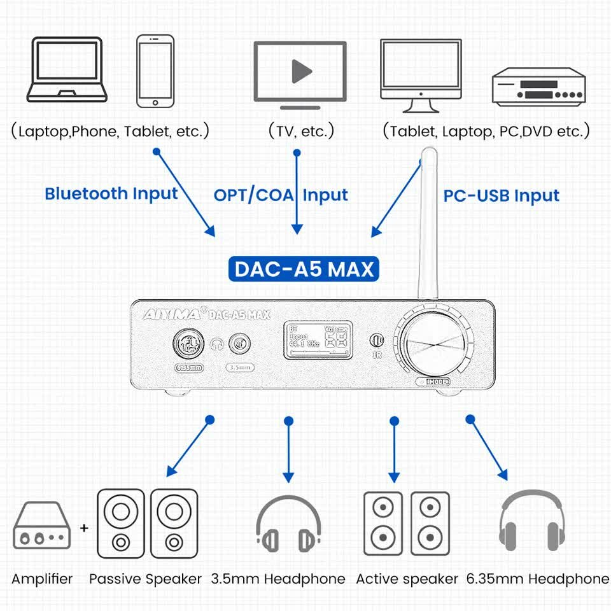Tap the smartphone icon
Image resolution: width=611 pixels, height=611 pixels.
click(x=155, y=71)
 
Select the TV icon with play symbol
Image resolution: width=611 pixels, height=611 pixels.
click(x=300, y=71)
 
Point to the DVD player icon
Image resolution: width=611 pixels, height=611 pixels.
click(x=538, y=87)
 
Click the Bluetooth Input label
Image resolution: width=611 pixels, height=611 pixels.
click(x=111, y=193)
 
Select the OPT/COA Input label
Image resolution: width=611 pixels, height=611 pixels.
click(x=281, y=195)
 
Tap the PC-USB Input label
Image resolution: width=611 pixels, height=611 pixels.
click(x=502, y=195)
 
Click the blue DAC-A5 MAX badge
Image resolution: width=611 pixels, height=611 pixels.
click(x=304, y=269)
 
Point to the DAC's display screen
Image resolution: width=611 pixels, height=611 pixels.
click(x=316, y=342)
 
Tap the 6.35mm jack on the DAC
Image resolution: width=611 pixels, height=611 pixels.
click(x=188, y=344)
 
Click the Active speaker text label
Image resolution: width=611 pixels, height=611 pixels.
click(x=407, y=579)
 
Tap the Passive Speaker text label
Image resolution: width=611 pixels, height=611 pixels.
click(x=145, y=579)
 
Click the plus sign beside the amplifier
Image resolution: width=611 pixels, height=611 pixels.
click(x=84, y=528)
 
